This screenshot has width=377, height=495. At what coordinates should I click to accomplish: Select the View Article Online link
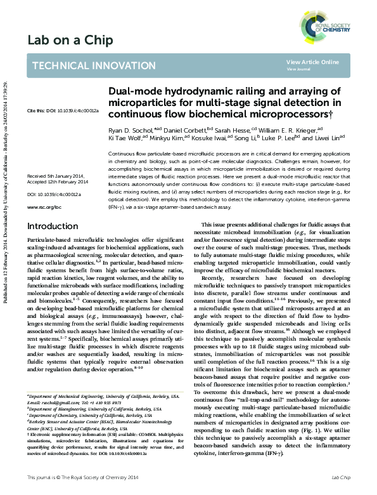312,62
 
